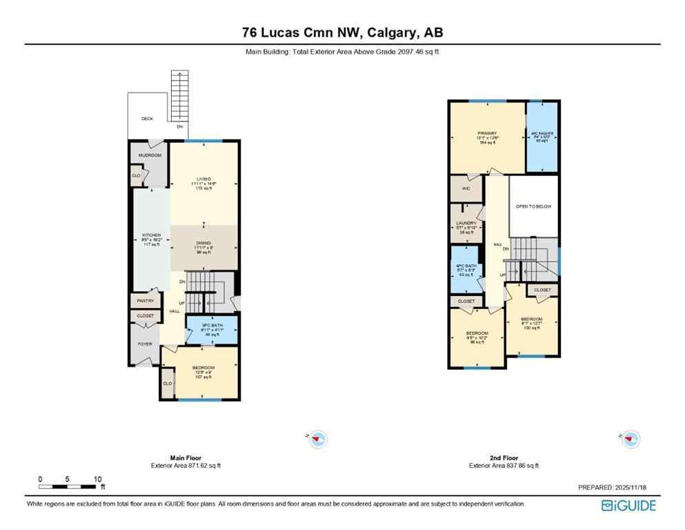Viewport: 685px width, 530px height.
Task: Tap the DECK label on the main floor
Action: pos(147,119)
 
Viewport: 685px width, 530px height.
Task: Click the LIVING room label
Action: pos(203,179)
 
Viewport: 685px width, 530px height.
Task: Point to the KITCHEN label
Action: pos(151,235)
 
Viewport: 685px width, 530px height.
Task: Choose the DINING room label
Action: pos(203,242)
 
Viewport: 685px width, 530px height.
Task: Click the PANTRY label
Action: pos(145,301)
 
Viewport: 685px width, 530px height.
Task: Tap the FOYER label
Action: pos(145,344)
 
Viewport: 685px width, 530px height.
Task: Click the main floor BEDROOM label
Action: pos(203,367)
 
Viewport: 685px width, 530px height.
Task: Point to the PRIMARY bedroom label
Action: pos(486,133)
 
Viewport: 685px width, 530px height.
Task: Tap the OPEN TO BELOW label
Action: pos(534,206)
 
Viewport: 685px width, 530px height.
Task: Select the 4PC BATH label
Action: pos(467,266)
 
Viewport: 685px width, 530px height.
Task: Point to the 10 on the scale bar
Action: pos(97,479)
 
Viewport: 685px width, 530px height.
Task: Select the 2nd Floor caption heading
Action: pos(504,458)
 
